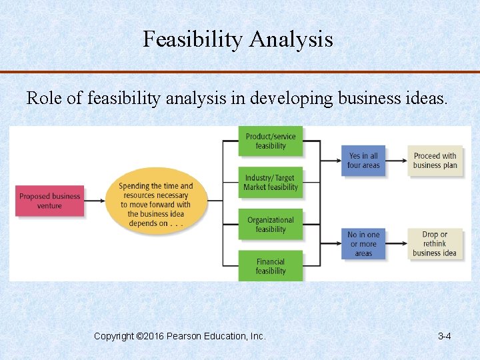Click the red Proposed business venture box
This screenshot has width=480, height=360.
pos(50,201)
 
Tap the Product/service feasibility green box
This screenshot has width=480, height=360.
pos(271,141)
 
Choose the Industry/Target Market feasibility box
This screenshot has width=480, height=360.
pos(271,183)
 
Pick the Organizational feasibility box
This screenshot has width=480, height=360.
pos(271,225)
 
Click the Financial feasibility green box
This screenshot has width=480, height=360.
pos(271,266)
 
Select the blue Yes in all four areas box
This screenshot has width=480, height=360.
pos(363,160)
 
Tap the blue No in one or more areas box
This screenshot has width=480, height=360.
pos(363,244)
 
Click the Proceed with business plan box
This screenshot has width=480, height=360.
pos(435,160)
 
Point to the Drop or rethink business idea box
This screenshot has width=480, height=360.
pos(435,244)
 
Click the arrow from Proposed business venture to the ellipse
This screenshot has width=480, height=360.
pos(95,200)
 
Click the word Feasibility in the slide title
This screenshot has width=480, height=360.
pos(193,40)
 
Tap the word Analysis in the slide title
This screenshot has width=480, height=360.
pos(291,40)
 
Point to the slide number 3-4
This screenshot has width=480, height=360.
pos(444,336)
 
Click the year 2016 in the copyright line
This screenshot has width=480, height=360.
pos(155,336)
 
